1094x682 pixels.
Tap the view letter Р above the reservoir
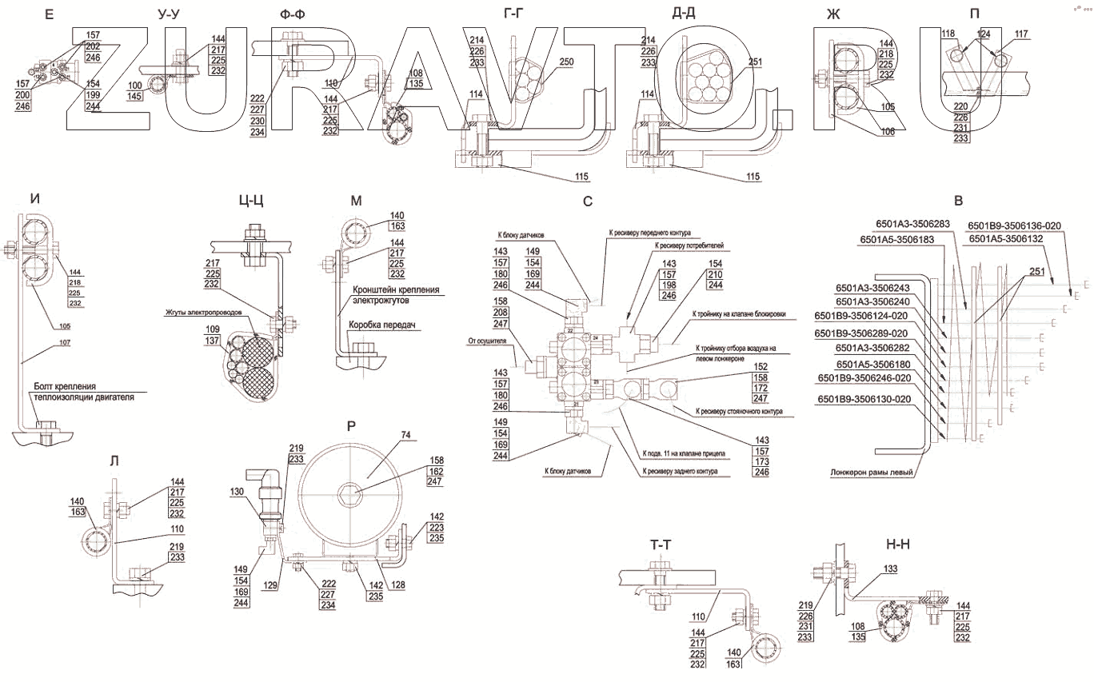coord(351,426)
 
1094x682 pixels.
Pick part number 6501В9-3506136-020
coord(1014,225)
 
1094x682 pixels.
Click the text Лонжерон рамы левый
coord(872,473)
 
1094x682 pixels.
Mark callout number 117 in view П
coord(1021,34)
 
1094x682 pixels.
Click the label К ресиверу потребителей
coord(689,245)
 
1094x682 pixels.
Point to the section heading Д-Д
coord(688,13)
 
